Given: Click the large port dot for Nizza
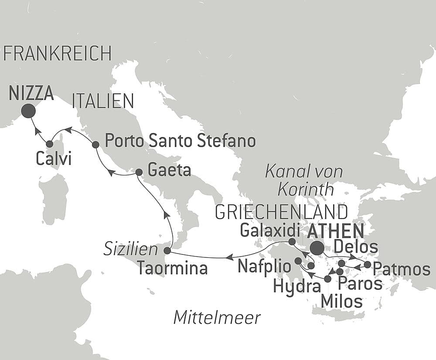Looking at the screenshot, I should click(x=28, y=111).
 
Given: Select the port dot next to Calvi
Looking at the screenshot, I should click(x=49, y=144).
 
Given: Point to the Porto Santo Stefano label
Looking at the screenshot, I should click(x=181, y=141).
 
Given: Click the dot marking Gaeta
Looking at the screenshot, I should click(x=139, y=172).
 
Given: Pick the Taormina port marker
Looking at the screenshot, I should click(x=167, y=250).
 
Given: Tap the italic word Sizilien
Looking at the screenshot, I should click(x=130, y=250).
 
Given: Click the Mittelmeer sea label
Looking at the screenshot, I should click(x=217, y=317).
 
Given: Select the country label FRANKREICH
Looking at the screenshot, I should click(x=58, y=53).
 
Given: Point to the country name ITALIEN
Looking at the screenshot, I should click(x=103, y=101).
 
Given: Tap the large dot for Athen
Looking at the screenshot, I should click(x=317, y=248).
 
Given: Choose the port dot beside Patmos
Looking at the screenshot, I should click(x=368, y=264).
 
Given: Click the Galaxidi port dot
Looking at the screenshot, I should click(x=292, y=241).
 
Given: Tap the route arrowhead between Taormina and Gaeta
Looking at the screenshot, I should click(x=166, y=214).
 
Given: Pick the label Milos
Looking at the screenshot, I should click(x=341, y=301).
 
